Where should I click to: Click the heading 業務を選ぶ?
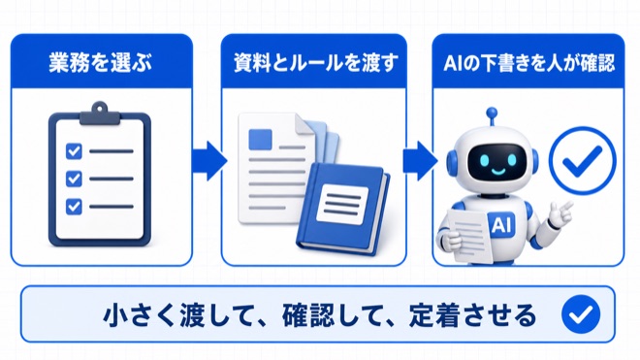(x=101, y=63)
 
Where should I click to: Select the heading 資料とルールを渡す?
(x=315, y=63)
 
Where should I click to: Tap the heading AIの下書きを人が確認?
(x=528, y=63)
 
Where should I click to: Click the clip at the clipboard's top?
(x=100, y=114)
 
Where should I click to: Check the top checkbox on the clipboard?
(x=74, y=151)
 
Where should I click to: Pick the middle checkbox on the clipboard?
(x=74, y=179)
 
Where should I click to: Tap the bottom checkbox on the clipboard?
(x=74, y=207)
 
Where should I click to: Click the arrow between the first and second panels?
(x=209, y=160)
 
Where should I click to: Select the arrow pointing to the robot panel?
(x=420, y=160)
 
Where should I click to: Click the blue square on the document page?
(x=261, y=140)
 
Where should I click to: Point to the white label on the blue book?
(x=342, y=204)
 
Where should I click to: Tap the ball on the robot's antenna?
(x=492, y=112)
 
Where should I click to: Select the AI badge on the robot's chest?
(x=500, y=225)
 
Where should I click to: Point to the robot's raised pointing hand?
(x=560, y=212)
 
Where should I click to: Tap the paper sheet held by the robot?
(x=469, y=234)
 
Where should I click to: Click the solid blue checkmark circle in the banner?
(x=581, y=313)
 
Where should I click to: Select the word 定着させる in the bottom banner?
(x=472, y=315)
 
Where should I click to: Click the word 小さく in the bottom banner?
(x=142, y=315)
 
